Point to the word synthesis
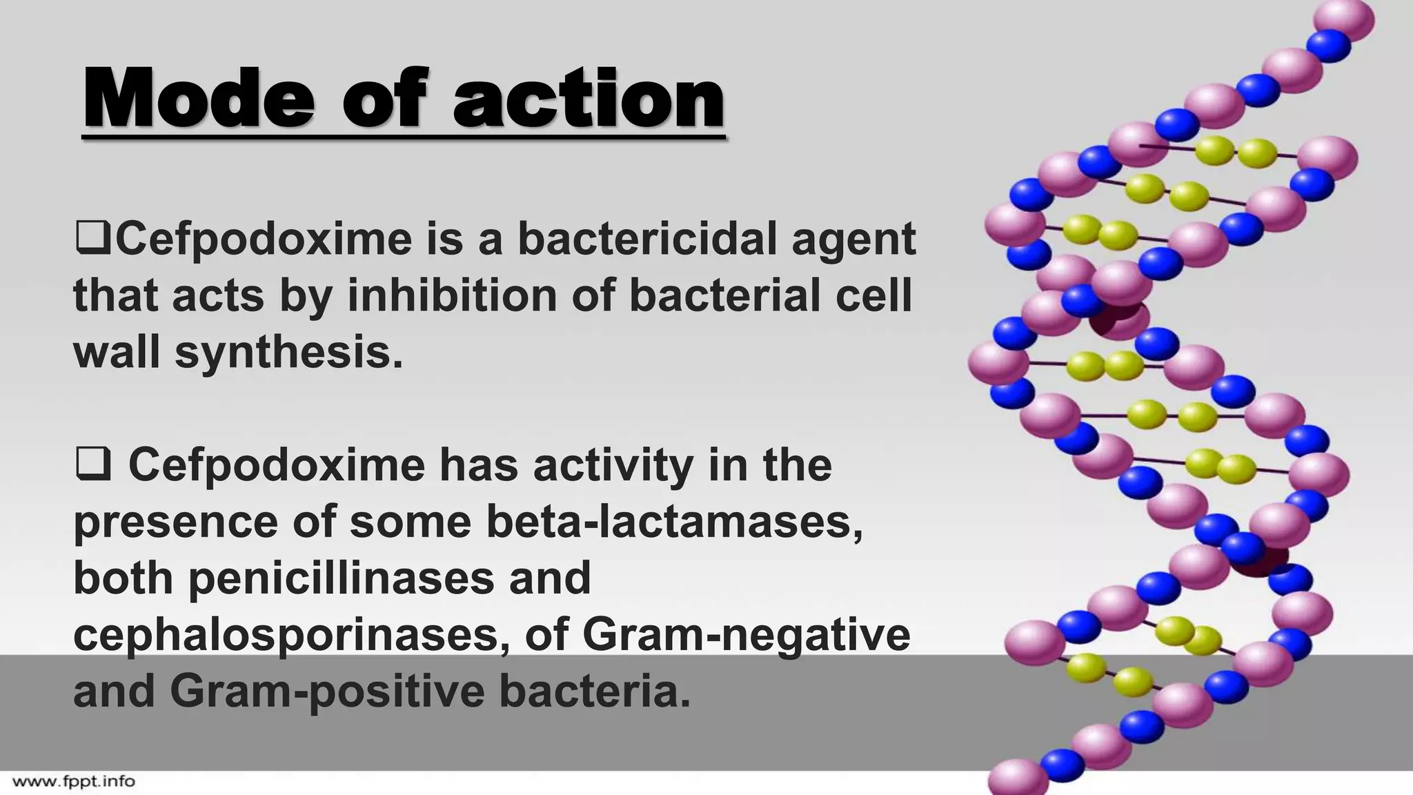tap(288, 353)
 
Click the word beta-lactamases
tap(674, 522)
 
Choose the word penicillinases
tap(342, 578)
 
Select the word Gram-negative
tap(746, 635)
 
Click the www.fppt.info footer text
tap(74, 782)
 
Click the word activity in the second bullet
tap(613, 466)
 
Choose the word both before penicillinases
tap(123, 578)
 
